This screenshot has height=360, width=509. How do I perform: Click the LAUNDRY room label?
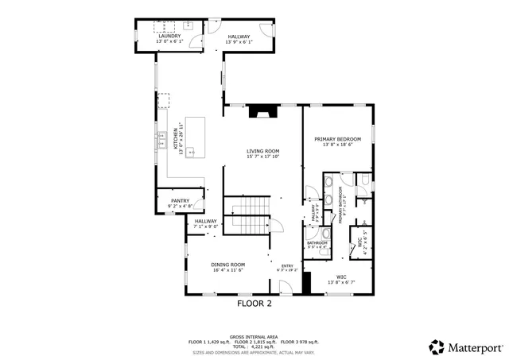pyautogui.click(x=169, y=37)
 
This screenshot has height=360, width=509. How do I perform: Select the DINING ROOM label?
pyautogui.click(x=227, y=265)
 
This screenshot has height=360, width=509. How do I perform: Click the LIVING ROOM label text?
pyautogui.click(x=262, y=151)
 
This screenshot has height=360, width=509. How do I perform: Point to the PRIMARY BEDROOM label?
pyautogui.click(x=337, y=139)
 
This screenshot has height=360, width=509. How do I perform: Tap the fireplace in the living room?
pyautogui.click(x=262, y=112)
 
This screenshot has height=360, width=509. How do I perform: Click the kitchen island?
pyautogui.click(x=195, y=137)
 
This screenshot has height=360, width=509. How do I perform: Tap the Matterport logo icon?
pyautogui.click(x=437, y=346)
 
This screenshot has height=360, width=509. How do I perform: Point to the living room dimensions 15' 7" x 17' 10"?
pyautogui.click(x=262, y=157)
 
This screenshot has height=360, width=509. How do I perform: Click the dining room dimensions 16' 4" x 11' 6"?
pyautogui.click(x=227, y=270)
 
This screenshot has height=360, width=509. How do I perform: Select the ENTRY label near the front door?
pyautogui.click(x=286, y=266)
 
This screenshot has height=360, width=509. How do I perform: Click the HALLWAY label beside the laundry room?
pyautogui.click(x=239, y=37)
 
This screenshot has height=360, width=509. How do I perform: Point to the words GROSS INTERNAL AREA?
pyautogui.click(x=254, y=336)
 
